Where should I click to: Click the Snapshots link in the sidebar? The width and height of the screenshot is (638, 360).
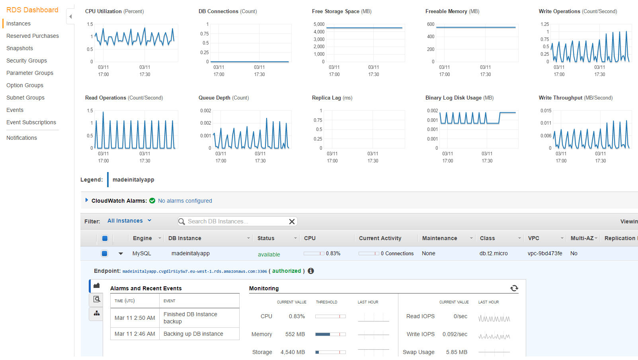click(20, 48)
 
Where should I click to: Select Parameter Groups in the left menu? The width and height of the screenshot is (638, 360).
click(29, 73)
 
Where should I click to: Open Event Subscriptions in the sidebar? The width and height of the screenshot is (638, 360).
click(31, 122)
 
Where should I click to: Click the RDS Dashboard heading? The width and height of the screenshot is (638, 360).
click(32, 10)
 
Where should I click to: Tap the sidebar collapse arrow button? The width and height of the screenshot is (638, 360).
click(70, 17)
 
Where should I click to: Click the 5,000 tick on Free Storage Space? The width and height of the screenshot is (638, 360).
click(319, 24)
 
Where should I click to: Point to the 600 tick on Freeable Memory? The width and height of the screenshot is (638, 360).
click(431, 24)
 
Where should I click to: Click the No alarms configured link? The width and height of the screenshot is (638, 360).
click(185, 201)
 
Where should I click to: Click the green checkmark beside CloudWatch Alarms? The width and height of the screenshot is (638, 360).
click(152, 201)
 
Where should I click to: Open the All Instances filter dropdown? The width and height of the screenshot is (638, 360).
click(129, 221)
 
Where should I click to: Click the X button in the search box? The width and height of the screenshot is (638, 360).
click(292, 221)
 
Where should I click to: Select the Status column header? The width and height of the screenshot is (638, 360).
click(266, 238)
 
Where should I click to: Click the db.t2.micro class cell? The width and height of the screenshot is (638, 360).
click(493, 253)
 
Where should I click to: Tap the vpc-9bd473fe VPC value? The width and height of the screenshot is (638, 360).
click(545, 253)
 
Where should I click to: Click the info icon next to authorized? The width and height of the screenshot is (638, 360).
click(311, 271)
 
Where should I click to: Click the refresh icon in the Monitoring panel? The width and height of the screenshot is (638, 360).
click(514, 288)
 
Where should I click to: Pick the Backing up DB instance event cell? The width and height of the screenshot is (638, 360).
click(193, 334)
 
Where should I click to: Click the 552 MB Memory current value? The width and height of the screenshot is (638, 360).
click(295, 334)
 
